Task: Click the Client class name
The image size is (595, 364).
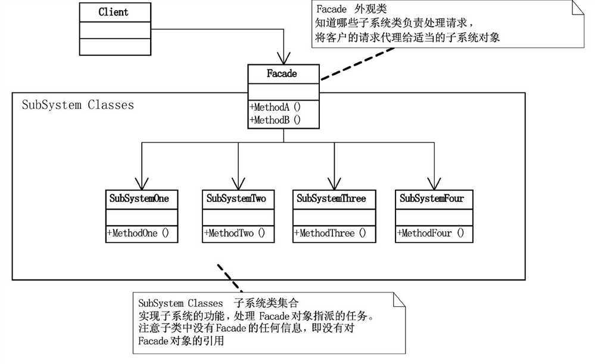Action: pos(113,12)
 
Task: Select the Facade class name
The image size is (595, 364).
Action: pos(284,74)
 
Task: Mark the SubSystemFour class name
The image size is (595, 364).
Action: pos(433,198)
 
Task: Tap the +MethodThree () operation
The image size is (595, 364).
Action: pos(330,233)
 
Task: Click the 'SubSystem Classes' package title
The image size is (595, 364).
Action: pos(77,105)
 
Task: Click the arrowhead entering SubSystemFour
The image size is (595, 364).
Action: pos(433,182)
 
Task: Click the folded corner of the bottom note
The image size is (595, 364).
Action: pos(398,300)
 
